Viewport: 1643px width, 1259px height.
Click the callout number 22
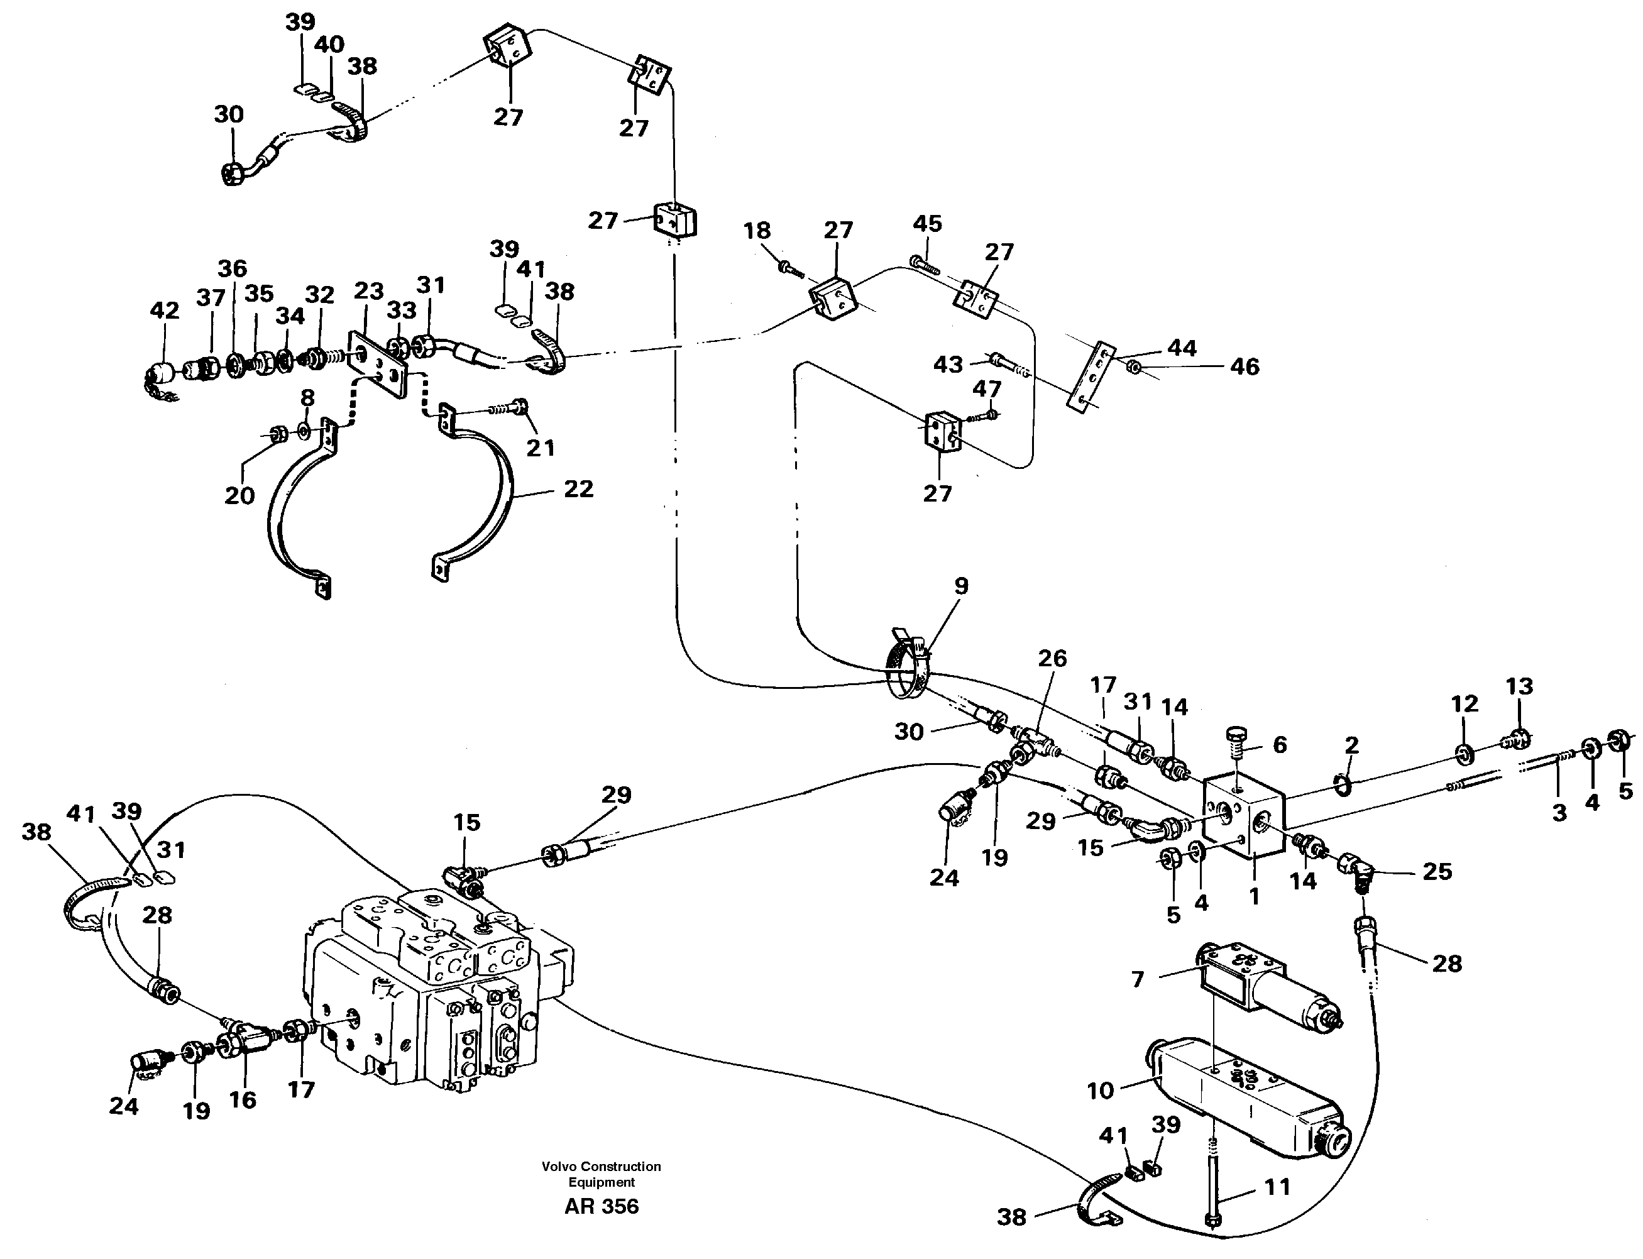(x=578, y=490)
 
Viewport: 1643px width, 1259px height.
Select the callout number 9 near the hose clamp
(x=960, y=585)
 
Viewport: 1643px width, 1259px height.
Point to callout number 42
(x=164, y=311)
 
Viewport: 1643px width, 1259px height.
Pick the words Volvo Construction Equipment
(x=601, y=1174)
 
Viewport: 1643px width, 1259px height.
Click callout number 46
(x=1245, y=366)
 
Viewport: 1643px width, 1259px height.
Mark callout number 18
(x=757, y=231)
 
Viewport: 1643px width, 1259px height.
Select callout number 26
(x=1052, y=658)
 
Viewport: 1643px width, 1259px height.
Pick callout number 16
(x=242, y=1099)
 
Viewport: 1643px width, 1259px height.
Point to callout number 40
(x=329, y=45)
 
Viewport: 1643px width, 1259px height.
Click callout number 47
(x=987, y=389)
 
